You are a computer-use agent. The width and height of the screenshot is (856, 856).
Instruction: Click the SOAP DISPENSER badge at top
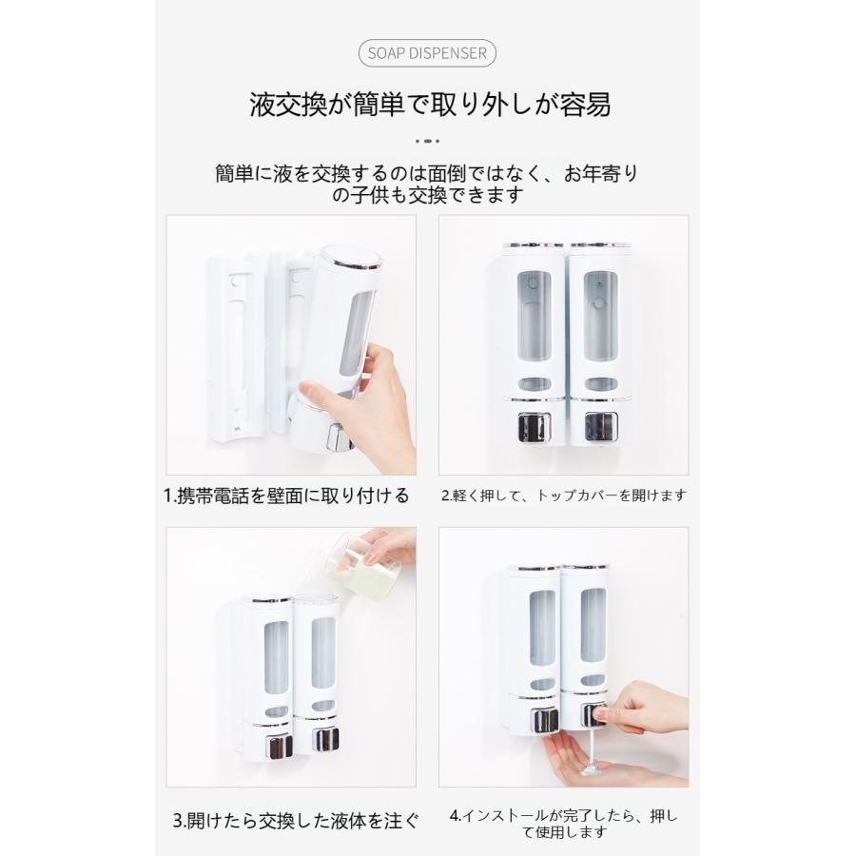click(x=427, y=53)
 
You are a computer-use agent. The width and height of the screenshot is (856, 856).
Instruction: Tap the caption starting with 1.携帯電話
click(x=286, y=496)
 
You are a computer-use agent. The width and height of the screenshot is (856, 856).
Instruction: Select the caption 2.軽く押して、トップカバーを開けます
click(x=563, y=496)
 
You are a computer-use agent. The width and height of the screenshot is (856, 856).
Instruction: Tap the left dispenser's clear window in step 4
click(x=542, y=628)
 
